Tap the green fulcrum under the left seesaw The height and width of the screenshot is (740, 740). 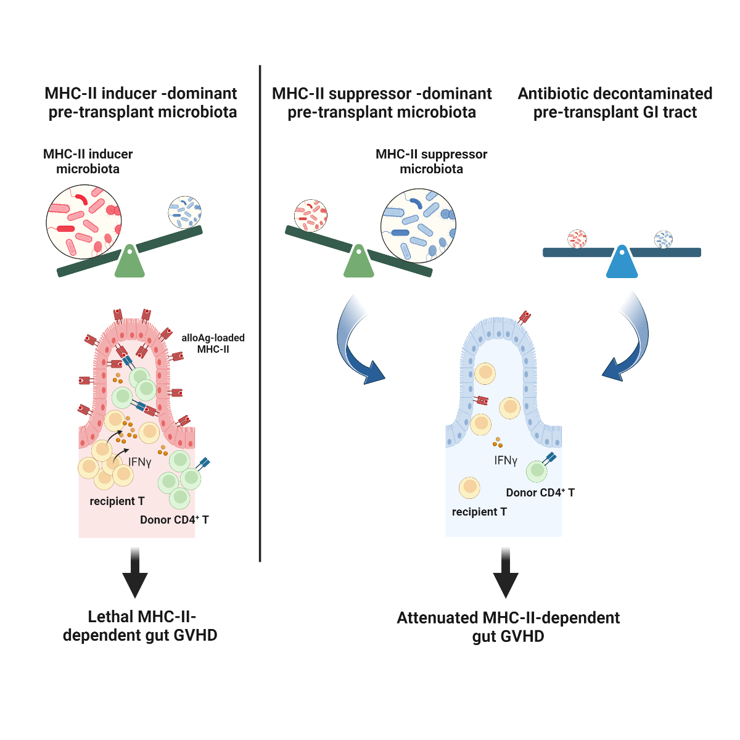[129, 264]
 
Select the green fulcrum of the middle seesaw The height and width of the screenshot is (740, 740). [358, 264]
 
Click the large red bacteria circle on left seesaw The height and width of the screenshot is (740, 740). [84, 222]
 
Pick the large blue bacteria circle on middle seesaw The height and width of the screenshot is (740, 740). [419, 226]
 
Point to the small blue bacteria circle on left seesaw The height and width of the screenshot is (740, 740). [185, 212]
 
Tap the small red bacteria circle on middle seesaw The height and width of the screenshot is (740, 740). [310, 216]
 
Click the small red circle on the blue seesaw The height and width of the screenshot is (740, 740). [577, 239]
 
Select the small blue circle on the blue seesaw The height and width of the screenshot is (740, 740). [664, 239]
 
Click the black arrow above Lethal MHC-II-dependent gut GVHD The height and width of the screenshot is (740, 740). [135, 573]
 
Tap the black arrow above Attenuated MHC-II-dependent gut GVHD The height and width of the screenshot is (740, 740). [506, 573]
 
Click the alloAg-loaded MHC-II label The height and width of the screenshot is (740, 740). [213, 343]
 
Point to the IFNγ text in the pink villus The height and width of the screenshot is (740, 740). [140, 462]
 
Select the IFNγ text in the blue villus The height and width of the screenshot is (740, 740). [506, 461]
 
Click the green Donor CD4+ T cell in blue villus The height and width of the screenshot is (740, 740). [537, 471]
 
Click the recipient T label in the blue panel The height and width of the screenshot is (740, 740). [479, 512]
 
